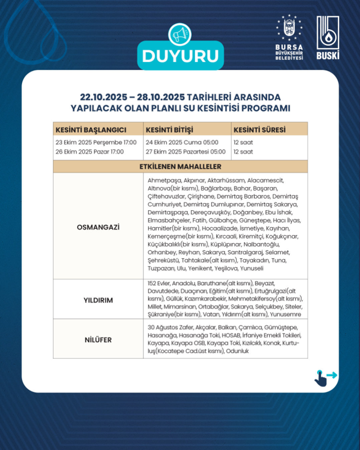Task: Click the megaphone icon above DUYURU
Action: coord(179,35)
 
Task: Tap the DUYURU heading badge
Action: coord(180,57)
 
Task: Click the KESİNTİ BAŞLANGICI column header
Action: coord(90,130)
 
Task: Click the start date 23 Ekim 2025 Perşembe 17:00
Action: coord(96,142)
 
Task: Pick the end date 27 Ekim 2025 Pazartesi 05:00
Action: coord(186,152)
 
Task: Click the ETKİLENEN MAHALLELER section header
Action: coord(180,167)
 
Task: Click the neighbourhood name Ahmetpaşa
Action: coord(160,179)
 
